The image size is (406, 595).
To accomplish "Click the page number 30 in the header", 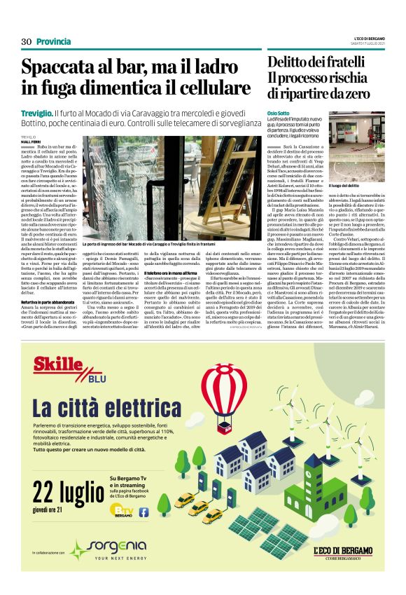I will coord(27,41).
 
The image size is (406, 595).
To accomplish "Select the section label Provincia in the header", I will coord(53,41).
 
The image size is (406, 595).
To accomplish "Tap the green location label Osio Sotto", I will coord(278,113).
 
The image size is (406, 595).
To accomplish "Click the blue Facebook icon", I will coord(144,512).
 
